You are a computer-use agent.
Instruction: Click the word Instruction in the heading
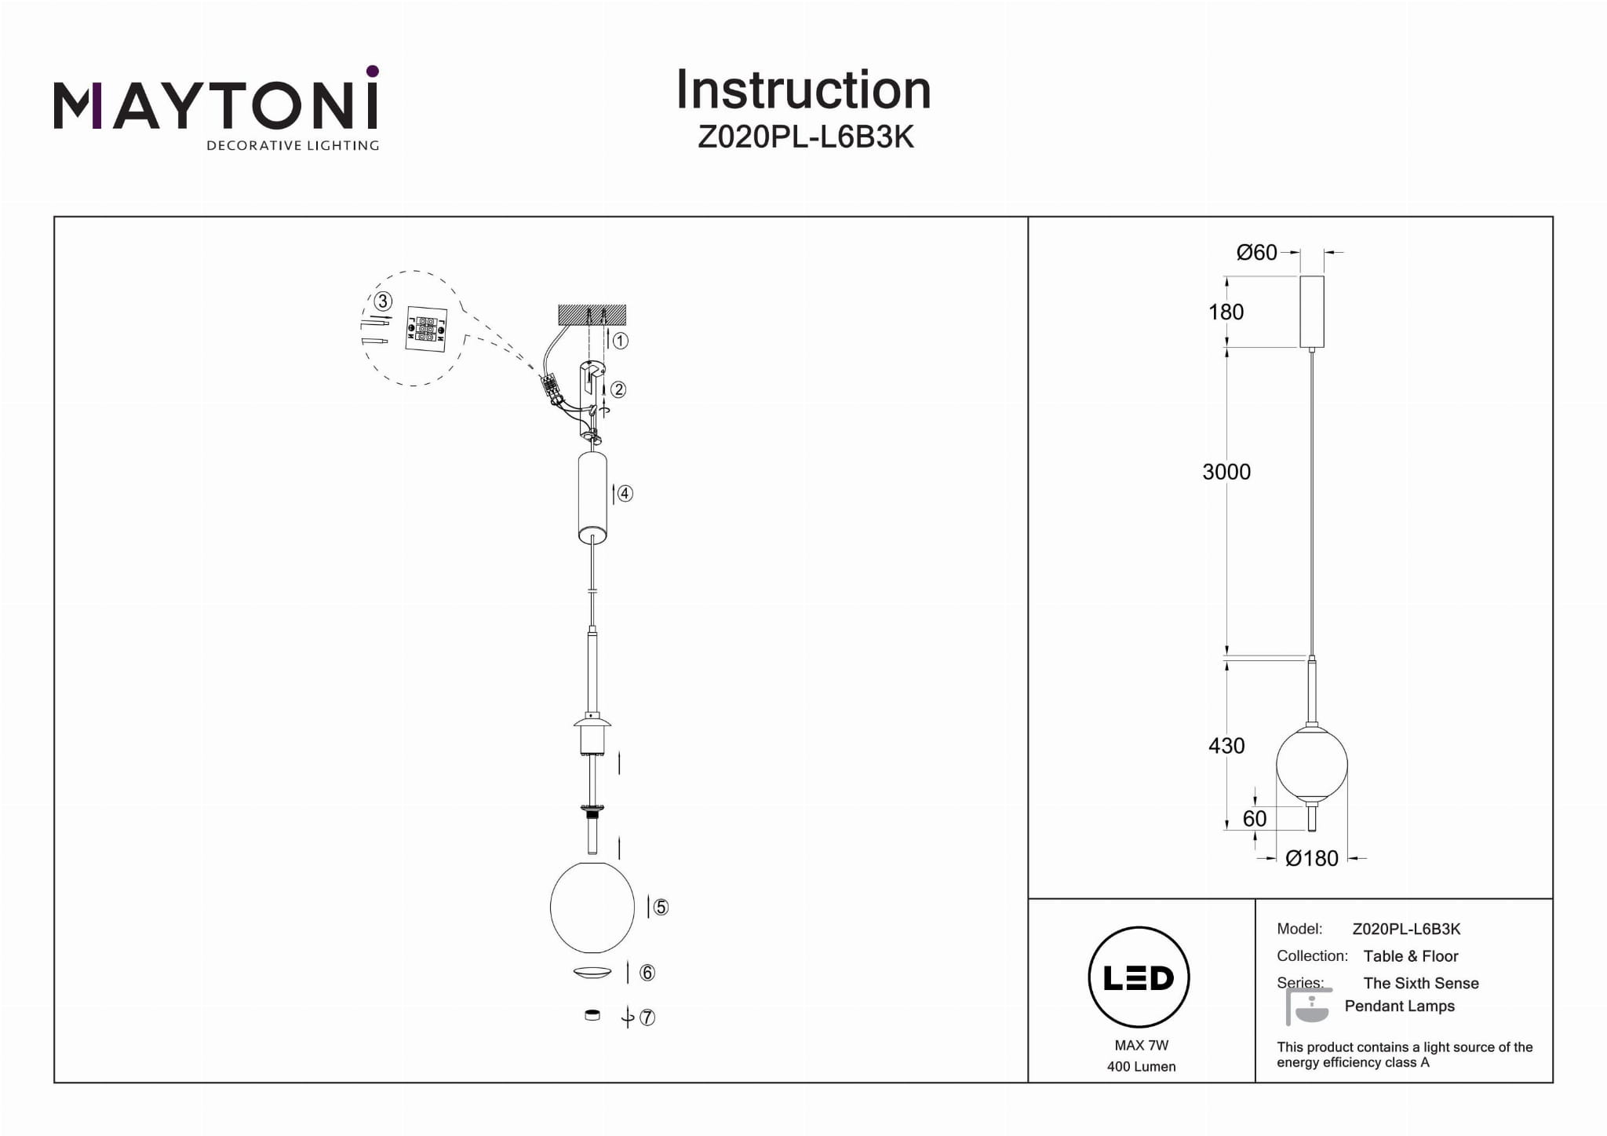pos(803,90)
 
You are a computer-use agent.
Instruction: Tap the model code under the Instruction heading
pos(805,137)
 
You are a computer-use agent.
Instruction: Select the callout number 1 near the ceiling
pos(620,341)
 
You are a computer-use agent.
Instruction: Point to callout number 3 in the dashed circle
pos(383,301)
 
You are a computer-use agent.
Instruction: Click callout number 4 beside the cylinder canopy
pos(625,494)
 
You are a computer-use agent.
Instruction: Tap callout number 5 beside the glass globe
pos(661,908)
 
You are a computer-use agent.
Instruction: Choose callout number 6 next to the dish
pos(647,973)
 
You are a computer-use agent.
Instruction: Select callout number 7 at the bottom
pos(647,1017)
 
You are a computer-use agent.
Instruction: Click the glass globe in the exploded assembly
pos(592,908)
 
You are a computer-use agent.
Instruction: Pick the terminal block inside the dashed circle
pos(426,330)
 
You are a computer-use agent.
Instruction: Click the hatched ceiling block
pos(592,314)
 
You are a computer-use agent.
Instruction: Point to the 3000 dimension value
pos(1226,472)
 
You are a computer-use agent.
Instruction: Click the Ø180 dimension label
pos(1311,858)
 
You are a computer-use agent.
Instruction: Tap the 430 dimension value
pos(1226,746)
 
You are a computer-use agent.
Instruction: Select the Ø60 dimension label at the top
pos(1256,253)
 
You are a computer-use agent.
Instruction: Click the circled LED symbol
pos(1139,977)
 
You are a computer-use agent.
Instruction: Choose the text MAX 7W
pos(1141,1046)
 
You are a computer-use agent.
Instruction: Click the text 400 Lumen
pos(1141,1067)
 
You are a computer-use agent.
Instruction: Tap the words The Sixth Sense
pos(1420,983)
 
